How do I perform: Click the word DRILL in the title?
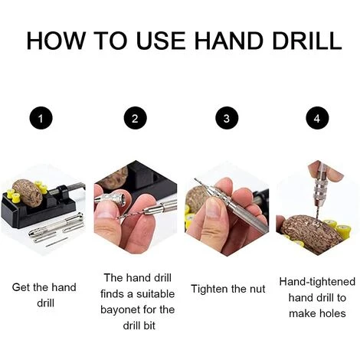tap(307, 41)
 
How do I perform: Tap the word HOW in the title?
tap(55, 41)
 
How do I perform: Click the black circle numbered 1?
tap(41, 119)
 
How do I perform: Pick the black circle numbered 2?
tap(136, 119)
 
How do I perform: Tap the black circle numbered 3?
tap(227, 119)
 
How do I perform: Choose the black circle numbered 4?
tap(317, 119)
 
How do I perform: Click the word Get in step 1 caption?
tap(21, 287)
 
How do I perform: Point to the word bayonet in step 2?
tap(119, 310)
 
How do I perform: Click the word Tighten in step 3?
tap(209, 290)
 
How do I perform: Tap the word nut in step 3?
tap(257, 290)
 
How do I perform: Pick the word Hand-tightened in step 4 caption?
tap(317, 282)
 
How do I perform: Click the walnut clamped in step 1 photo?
tap(28, 192)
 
